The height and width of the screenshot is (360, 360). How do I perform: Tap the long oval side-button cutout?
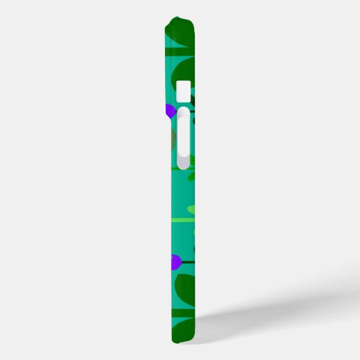click(x=183, y=139)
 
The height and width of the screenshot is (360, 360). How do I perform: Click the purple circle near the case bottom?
click(x=175, y=261)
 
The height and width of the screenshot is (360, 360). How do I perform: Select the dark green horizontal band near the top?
click(x=180, y=52)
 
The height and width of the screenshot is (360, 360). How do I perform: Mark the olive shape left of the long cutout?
click(x=172, y=139)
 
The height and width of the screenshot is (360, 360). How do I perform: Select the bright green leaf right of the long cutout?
click(x=193, y=161)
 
